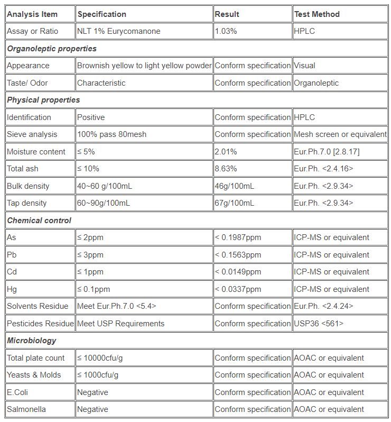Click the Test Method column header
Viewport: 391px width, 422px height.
pos(316,14)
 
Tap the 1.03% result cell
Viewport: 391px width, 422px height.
pos(226,31)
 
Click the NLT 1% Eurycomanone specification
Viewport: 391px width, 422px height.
pos(118,31)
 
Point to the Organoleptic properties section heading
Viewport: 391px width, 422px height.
pos(52,49)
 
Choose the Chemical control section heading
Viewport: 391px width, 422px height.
pos(39,221)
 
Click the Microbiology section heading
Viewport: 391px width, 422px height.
pos(32,341)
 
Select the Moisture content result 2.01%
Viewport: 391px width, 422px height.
pos(226,152)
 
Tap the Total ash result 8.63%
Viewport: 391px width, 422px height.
pos(226,169)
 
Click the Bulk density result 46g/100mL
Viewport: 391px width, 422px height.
pos(234,186)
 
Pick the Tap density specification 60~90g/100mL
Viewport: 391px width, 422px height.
pos(104,203)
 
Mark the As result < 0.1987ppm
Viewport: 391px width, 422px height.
pos(238,237)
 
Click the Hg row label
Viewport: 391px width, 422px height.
pos(12,289)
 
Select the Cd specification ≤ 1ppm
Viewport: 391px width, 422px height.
pos(90,272)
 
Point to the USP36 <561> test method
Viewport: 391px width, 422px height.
pos(319,324)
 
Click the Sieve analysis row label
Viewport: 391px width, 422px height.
pos(32,134)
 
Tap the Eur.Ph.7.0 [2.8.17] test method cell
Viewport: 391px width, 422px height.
pos(327,152)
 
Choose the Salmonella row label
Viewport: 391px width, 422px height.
pos(26,409)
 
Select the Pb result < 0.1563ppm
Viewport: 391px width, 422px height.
pos(238,255)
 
